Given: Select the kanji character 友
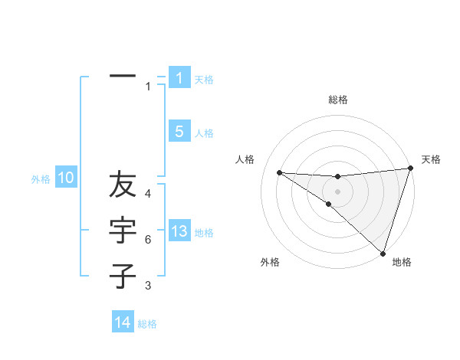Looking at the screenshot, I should [x=123, y=186].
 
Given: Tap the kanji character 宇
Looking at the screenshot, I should [x=123, y=231].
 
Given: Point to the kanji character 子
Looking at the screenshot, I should [x=123, y=276].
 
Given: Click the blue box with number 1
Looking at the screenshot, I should [x=179, y=77].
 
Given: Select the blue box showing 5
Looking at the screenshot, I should [x=179, y=132].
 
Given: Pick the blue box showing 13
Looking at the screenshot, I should [x=179, y=231].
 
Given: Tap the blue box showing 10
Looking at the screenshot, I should [x=66, y=178].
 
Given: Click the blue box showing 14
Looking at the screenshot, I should [x=123, y=322].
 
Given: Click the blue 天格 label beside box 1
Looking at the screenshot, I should [x=204, y=79].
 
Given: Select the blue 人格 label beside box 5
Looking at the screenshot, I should [x=204, y=133].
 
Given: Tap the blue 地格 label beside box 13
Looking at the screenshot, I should [x=204, y=233].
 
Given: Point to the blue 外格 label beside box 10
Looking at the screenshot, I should [x=41, y=180].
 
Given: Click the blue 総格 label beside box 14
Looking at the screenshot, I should [x=147, y=324].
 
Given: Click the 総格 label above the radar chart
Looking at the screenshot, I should [x=337, y=100].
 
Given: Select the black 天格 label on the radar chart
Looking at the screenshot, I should [x=431, y=159].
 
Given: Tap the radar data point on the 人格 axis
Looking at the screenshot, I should [x=279, y=172].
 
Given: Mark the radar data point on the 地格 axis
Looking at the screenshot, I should [x=383, y=253].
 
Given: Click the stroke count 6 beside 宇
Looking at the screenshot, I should [x=148, y=240].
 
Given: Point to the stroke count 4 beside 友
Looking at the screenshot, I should [x=148, y=195].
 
